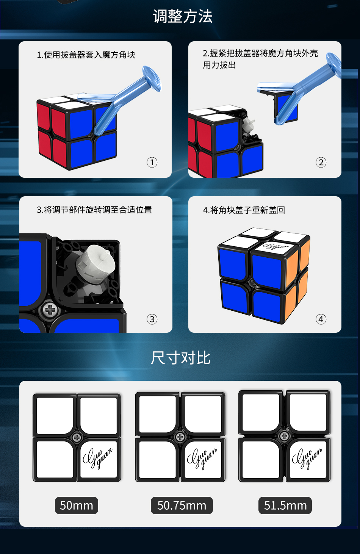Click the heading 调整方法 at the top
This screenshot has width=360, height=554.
(x=183, y=16)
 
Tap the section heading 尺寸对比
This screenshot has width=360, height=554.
(x=180, y=358)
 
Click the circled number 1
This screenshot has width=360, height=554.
(x=152, y=163)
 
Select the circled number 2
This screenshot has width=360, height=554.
(x=321, y=163)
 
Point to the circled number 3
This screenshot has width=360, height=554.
(x=152, y=319)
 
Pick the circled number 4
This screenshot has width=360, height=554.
(x=321, y=319)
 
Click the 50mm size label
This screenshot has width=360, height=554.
(x=77, y=505)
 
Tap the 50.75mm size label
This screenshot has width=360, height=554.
(x=182, y=505)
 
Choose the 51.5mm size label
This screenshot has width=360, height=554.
(x=285, y=505)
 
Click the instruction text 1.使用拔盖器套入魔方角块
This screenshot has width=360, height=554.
(x=86, y=55)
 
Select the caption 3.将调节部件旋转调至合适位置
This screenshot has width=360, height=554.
(x=94, y=210)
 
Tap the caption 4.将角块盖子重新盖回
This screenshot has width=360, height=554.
(x=244, y=210)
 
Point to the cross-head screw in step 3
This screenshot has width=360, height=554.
(x=50, y=310)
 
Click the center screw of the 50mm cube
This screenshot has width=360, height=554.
(x=77, y=438)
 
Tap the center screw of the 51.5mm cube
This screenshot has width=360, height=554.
(x=284, y=436)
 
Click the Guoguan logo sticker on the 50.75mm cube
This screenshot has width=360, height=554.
(x=202, y=460)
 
